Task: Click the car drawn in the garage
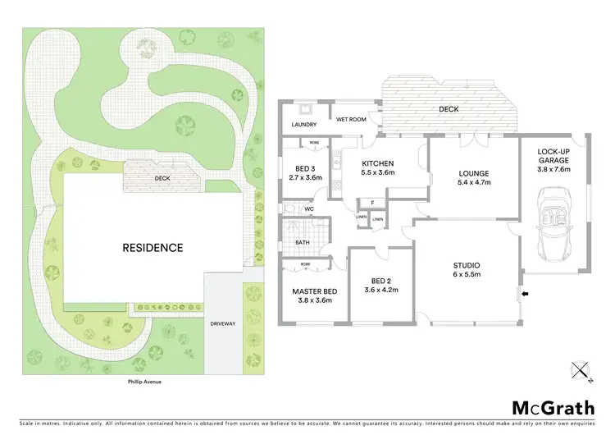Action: [x=553, y=222]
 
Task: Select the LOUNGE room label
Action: [x=474, y=178]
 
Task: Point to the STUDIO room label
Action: [x=467, y=269]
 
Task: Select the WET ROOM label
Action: [x=350, y=119]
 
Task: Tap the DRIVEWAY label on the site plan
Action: [x=223, y=323]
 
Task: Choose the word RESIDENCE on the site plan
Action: [x=153, y=247]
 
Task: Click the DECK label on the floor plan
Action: [x=449, y=109]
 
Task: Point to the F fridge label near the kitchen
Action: [x=371, y=203]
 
